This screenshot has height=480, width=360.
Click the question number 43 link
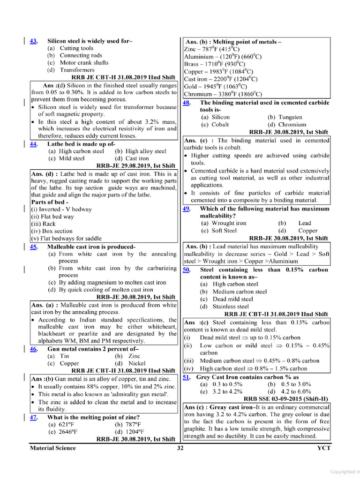pyautogui.click(x=34, y=41)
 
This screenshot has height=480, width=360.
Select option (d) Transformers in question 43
pyautogui.click(x=71, y=70)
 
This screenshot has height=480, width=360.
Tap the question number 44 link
pyautogui.click(x=34, y=144)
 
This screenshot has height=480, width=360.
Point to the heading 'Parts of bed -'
pyautogui.click(x=48, y=202)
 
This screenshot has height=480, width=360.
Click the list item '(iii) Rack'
pyautogui.click(x=43, y=224)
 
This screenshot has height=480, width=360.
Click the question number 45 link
pyautogui.click(x=34, y=247)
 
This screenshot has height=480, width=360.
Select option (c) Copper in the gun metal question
pyautogui.click(x=63, y=363)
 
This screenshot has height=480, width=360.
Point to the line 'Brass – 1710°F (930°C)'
pyautogui.click(x=215, y=64)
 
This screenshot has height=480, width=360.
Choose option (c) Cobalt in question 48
pyautogui.click(x=215, y=125)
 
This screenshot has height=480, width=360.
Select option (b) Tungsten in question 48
pyautogui.click(x=285, y=117)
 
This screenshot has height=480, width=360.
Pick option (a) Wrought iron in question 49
pyautogui.click(x=224, y=223)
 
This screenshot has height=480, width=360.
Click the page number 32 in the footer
pyautogui.click(x=180, y=448)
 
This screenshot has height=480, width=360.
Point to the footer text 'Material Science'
pyautogui.click(x=52, y=448)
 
